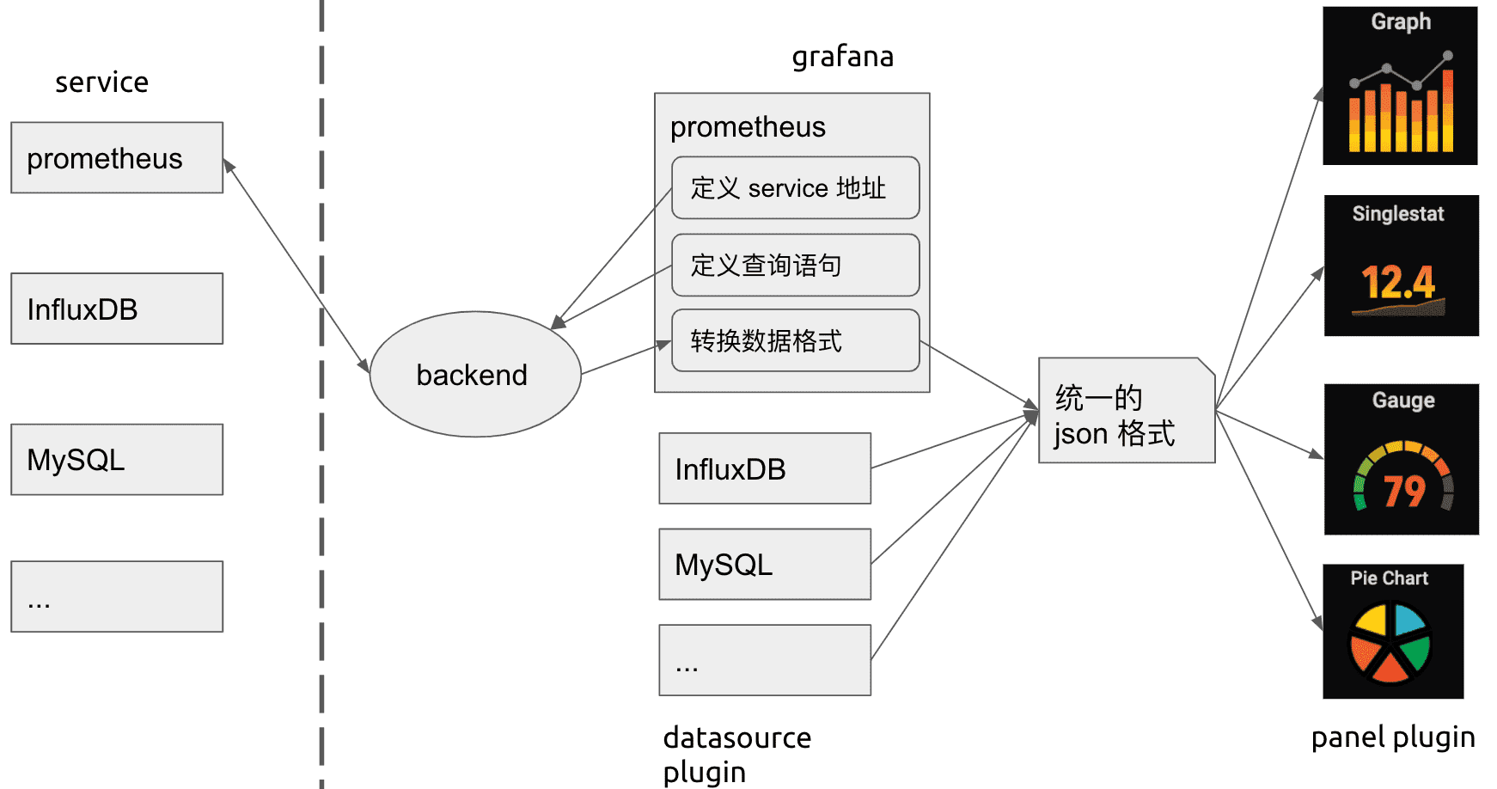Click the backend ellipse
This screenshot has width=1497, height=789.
(x=475, y=374)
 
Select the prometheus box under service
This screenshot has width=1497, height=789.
(x=117, y=157)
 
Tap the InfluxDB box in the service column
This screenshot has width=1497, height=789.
(x=117, y=309)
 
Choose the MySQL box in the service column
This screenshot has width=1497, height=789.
(x=117, y=459)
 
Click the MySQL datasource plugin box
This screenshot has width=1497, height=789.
(x=765, y=564)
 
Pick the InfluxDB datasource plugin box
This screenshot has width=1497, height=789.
(x=765, y=468)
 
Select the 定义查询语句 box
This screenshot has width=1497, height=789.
(x=795, y=265)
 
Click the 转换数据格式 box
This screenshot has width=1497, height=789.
(x=795, y=340)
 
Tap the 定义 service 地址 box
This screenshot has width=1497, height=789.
(x=795, y=187)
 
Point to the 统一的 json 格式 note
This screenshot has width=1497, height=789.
(x=1126, y=411)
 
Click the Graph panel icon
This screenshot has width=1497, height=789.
(x=1400, y=86)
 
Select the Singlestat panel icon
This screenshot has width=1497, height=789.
(x=1401, y=266)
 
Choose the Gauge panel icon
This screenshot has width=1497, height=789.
(x=1401, y=459)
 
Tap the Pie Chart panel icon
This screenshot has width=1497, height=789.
(x=1392, y=631)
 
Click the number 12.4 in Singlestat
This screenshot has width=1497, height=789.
(x=1398, y=282)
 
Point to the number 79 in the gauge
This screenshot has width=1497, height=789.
(x=1404, y=491)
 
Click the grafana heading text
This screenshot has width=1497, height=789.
(x=842, y=57)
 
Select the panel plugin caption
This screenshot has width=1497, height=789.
(x=1392, y=737)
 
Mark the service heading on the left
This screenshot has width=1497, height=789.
(x=101, y=83)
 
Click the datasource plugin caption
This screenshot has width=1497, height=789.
(x=736, y=754)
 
